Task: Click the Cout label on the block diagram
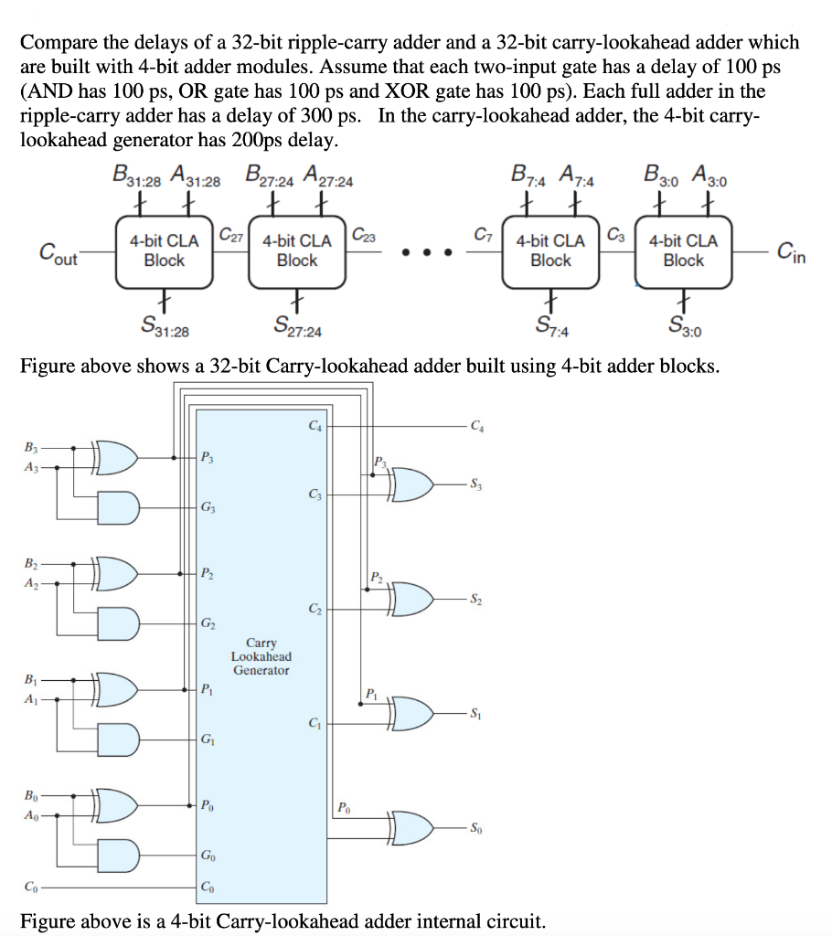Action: [58, 252]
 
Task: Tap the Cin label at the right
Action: [791, 250]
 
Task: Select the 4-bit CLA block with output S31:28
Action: [164, 250]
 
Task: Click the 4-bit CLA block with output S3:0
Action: [683, 250]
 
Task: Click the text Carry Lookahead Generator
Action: [261, 656]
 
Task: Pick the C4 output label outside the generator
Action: [476, 425]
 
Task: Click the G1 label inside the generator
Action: [208, 738]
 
